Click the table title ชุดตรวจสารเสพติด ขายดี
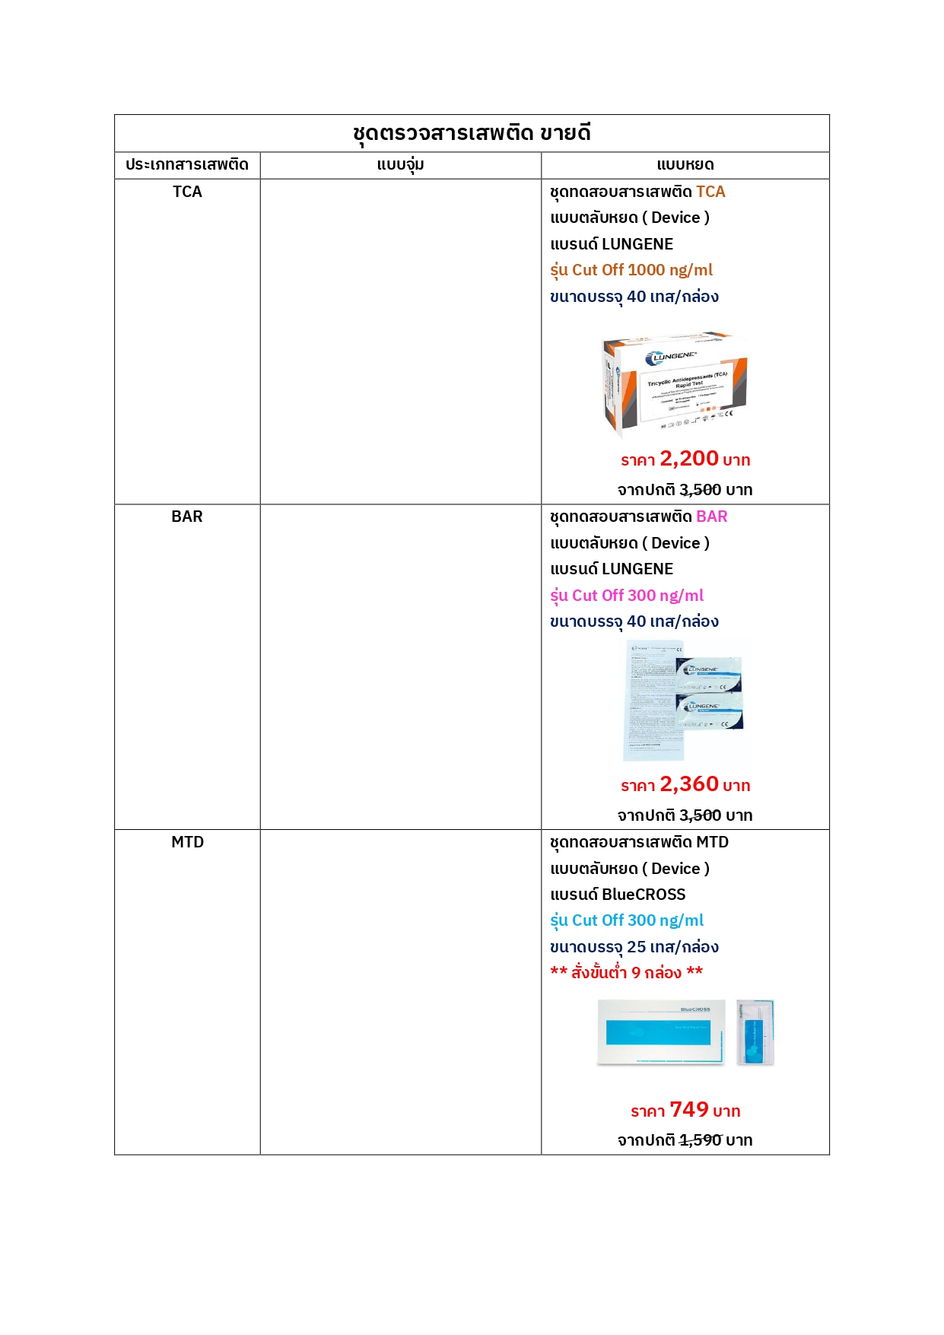pos(472,133)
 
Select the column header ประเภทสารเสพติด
pos(187,164)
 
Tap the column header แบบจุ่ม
pos(400,164)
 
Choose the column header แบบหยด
pos(685,164)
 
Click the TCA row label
pos(187,192)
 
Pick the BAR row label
pos(187,517)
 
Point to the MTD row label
pos(187,842)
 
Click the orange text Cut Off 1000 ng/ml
pos(642,270)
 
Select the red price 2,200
pos(689,459)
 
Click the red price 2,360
pos(689,784)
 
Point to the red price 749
pos(689,1110)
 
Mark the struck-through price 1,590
pos(700,1140)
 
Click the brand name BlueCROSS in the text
pos(644,895)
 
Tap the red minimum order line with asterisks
pos(627,972)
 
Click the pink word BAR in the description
pos(712,517)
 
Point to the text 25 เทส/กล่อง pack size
pos(672,947)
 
